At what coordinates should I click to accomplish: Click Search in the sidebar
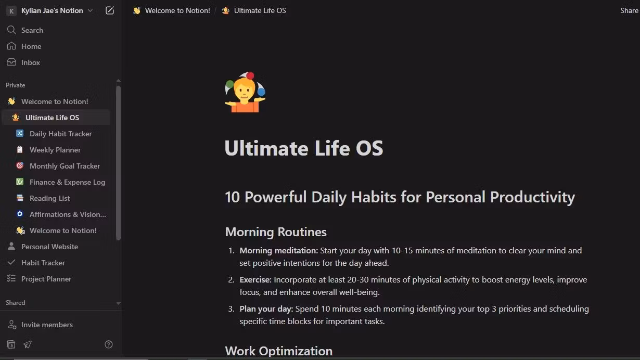click(32, 30)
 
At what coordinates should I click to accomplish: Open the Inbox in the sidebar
click(30, 62)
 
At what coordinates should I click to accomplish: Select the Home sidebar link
click(31, 46)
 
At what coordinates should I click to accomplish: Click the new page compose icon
click(110, 10)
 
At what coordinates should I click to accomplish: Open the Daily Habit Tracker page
click(60, 134)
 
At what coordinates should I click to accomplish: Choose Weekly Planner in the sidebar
click(55, 150)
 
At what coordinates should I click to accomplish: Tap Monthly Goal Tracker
click(65, 166)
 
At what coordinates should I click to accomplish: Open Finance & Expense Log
click(67, 182)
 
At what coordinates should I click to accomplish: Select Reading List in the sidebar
click(49, 198)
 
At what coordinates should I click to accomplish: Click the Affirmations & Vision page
click(68, 214)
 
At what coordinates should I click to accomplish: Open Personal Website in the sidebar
click(49, 247)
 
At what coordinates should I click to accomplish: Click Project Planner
click(46, 279)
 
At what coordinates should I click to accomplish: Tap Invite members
click(47, 325)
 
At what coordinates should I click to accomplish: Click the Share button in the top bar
click(629, 10)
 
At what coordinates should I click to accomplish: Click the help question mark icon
click(109, 344)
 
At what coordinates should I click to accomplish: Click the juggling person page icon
click(245, 93)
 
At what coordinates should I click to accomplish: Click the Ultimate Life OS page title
click(304, 148)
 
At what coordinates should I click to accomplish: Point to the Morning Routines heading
click(276, 232)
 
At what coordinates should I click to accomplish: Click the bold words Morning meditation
click(278, 251)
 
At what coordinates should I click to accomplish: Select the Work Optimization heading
click(278, 351)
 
